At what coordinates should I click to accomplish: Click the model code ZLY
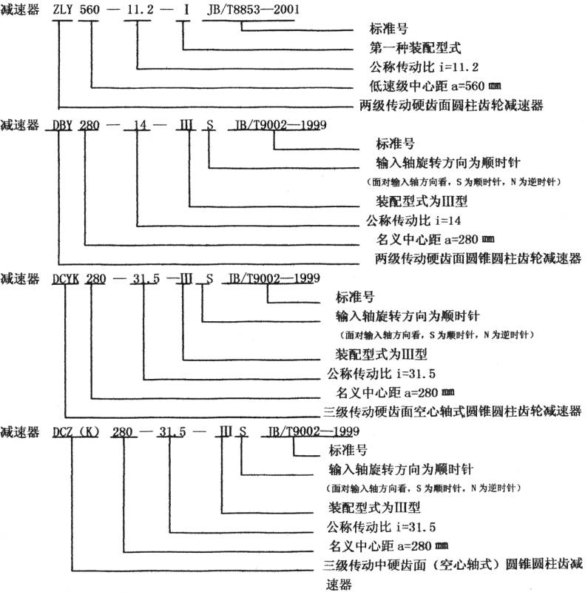coord(63,10)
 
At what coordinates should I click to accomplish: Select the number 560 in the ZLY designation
coord(89,10)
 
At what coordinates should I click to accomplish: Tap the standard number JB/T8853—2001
coord(253,10)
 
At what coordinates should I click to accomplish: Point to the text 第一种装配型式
coord(415,48)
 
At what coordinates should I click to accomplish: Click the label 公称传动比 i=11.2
coord(424,67)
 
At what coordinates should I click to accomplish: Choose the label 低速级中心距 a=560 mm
coord(435,86)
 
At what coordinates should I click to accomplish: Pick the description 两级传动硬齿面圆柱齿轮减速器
coord(451,105)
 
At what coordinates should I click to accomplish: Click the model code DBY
coord(62,125)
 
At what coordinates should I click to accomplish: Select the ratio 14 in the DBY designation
coord(140,125)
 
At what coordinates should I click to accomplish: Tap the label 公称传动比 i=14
coord(413,221)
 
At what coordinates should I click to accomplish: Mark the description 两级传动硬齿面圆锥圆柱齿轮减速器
coord(479,258)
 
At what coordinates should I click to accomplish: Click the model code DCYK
coord(66,279)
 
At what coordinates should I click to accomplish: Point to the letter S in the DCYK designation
coord(209,279)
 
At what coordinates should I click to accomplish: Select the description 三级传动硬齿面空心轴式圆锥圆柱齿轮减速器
coord(453,411)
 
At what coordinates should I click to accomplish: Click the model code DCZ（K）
coord(76,432)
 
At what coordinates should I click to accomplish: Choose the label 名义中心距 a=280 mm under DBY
coord(435,240)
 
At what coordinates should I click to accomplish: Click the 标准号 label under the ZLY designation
coord(389,29)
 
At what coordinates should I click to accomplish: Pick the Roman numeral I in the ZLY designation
coord(186,10)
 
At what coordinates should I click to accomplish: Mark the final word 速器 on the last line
coord(339,585)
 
